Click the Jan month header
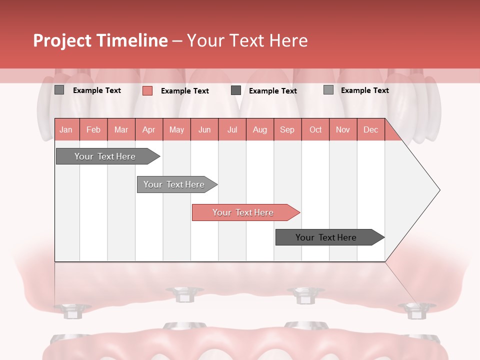(66, 129)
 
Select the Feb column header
(93, 129)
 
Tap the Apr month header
(149, 129)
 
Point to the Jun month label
(204, 129)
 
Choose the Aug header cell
(260, 129)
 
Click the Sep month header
(287, 129)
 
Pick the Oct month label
(315, 129)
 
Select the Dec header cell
(371, 129)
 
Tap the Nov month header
(343, 129)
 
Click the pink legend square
(147, 90)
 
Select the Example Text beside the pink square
(185, 91)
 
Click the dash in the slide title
(177, 41)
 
